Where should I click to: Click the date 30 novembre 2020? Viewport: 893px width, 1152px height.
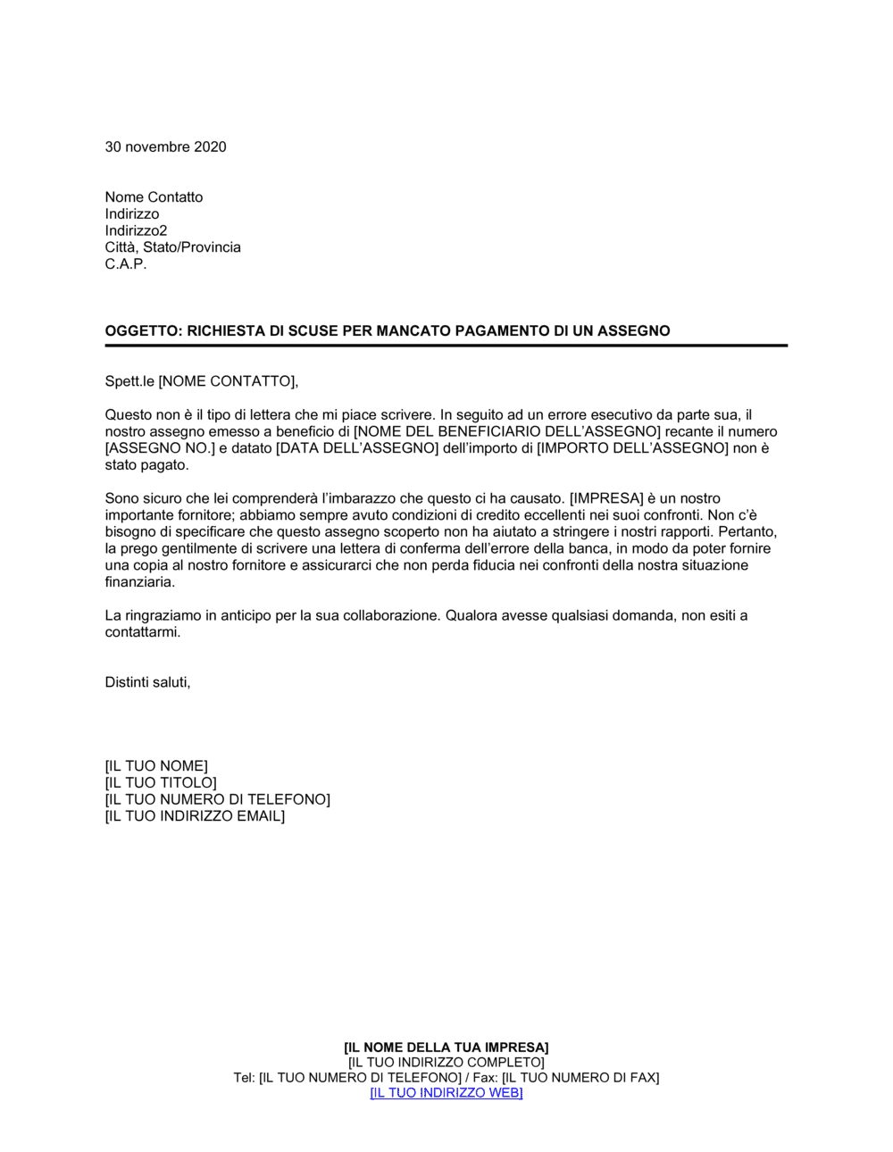[x=165, y=147]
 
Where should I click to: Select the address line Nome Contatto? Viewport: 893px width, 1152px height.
[x=154, y=197]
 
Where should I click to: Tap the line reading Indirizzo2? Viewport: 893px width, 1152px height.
[x=136, y=230]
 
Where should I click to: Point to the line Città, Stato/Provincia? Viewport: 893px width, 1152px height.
[x=172, y=247]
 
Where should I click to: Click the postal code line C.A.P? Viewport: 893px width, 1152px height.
[x=126, y=264]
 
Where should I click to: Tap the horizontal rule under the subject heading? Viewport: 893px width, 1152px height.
[x=446, y=346]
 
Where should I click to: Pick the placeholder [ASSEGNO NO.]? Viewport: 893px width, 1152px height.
[x=161, y=448]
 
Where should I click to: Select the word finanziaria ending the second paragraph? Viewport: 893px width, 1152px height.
[x=138, y=582]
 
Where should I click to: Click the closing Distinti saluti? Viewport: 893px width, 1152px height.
[x=147, y=682]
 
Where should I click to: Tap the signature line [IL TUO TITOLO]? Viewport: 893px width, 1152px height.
[x=161, y=783]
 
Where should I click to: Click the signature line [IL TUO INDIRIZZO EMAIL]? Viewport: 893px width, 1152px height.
[x=195, y=816]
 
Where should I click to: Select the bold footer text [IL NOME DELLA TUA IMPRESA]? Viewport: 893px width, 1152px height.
[x=446, y=1048]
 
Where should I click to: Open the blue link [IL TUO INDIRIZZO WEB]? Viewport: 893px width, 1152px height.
[x=446, y=1093]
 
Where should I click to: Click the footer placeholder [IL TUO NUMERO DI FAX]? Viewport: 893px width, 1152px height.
[x=580, y=1078]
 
